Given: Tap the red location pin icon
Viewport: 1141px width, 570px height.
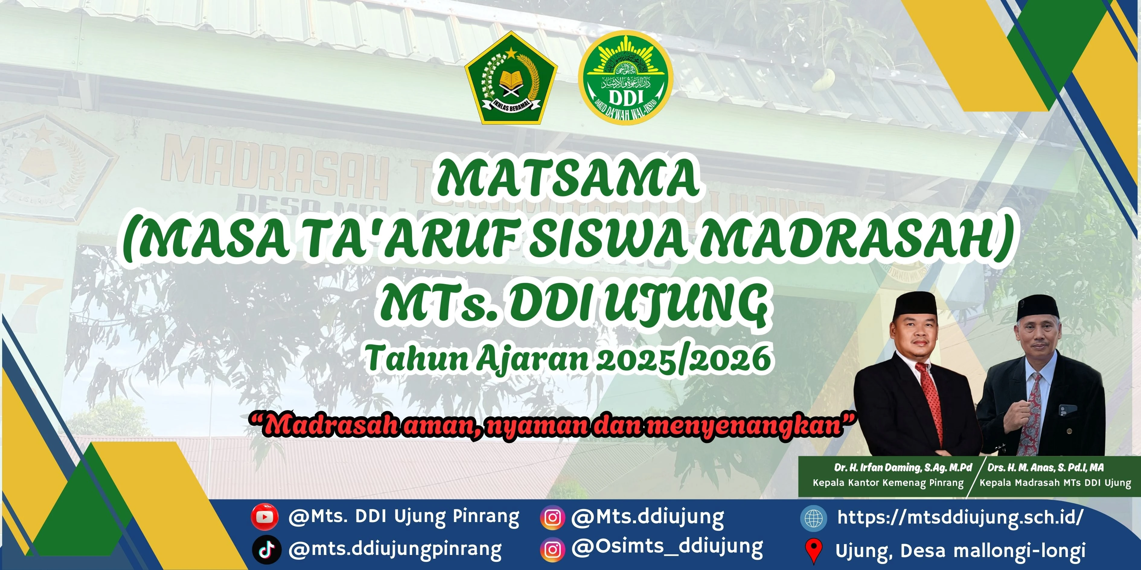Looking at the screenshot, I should pos(813,550).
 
